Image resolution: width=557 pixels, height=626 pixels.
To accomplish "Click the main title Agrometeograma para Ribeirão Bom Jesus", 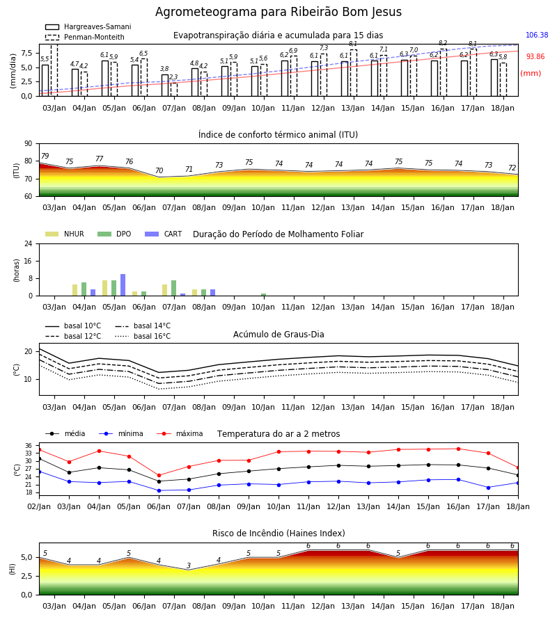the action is tap(278, 12).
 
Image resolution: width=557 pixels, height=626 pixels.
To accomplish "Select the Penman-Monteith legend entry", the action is tap(85, 37).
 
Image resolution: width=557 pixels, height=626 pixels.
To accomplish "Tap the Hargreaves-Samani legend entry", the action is tap(88, 26).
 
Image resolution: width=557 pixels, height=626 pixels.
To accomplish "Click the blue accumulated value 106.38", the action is tap(537, 35).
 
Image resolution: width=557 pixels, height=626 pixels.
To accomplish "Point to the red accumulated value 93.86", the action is tap(535, 57).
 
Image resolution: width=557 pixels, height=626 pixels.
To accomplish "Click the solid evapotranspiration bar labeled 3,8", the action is tap(165, 85).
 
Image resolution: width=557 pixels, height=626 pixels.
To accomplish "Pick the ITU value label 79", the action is tap(45, 156).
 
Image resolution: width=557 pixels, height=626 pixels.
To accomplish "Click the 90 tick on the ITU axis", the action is tap(29, 144).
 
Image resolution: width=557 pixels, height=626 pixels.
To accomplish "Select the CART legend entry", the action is tap(164, 234).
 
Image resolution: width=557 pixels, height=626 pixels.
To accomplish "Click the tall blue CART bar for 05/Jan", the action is tap(123, 285).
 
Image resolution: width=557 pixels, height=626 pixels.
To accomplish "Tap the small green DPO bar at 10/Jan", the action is tap(264, 295).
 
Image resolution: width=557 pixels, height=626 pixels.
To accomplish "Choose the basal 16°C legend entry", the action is tap(143, 336).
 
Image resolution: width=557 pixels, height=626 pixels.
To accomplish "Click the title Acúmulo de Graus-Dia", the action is tap(278, 335).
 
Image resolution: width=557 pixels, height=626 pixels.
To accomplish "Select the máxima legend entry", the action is tap(180, 433).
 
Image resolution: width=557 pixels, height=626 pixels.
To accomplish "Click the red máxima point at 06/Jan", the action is tap(159, 476).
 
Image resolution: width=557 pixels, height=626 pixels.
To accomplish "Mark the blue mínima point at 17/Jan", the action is tap(488, 488).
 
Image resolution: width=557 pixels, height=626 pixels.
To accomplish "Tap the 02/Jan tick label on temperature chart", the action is tap(39, 506).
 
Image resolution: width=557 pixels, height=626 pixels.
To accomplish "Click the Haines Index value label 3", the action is tap(189, 565).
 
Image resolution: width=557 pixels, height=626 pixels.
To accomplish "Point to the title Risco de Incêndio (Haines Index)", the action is tap(278, 533).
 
